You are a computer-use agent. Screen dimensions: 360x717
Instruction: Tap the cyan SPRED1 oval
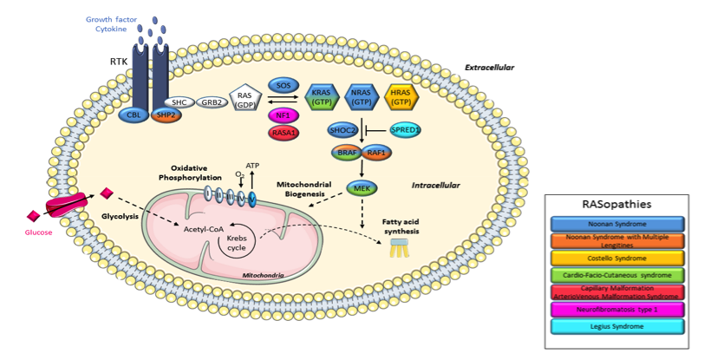[x=406, y=130]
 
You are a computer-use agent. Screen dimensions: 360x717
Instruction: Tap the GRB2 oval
[x=211, y=101]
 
